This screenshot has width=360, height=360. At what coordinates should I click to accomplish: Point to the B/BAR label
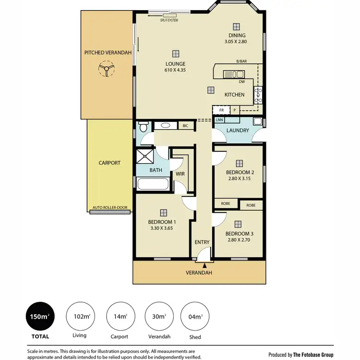(241, 61)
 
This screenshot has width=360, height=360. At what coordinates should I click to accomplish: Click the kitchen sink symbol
(234, 74)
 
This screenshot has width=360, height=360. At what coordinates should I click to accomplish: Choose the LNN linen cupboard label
(219, 120)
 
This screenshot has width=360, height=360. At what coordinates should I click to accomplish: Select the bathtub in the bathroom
(153, 184)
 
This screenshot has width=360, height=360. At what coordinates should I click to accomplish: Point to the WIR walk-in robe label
(180, 173)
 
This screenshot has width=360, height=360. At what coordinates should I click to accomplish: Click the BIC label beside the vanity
(185, 126)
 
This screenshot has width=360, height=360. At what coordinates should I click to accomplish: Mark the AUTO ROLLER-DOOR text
(109, 208)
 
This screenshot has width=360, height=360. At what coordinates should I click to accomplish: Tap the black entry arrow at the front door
(205, 265)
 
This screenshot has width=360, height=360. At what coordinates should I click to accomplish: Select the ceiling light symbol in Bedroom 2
(239, 163)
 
